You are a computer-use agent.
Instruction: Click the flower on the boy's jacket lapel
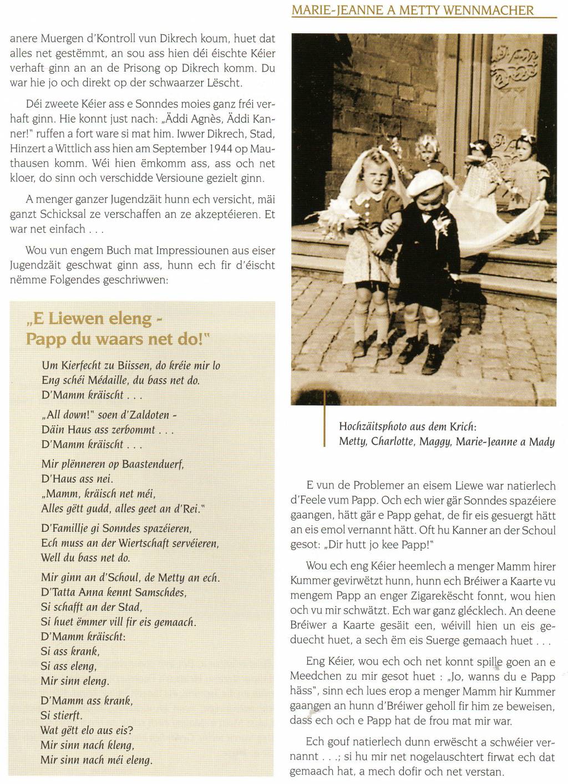pos(443,224)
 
